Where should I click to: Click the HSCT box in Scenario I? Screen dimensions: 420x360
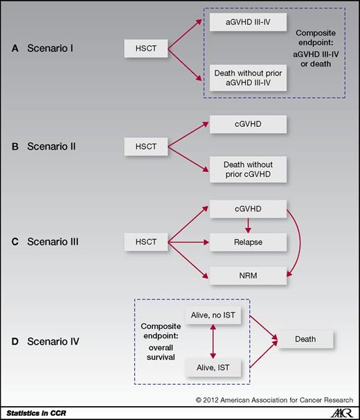(145, 49)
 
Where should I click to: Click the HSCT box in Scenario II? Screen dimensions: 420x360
(145, 146)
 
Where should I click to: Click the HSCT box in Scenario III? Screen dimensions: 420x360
(145, 243)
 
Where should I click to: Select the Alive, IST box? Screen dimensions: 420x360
(214, 367)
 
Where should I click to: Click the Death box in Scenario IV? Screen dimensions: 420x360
(305, 340)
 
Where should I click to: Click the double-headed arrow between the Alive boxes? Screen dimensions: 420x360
(214, 341)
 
